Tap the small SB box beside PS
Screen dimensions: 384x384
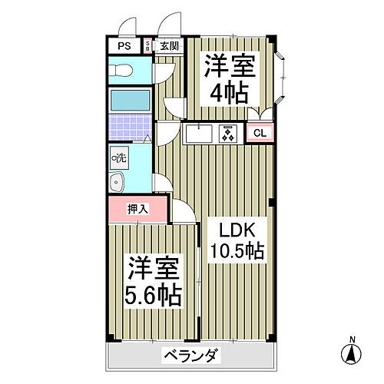click(x=147, y=46)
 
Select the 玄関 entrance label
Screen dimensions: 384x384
click(x=168, y=46)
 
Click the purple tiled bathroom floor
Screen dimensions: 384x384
click(x=127, y=127)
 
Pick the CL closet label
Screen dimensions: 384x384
click(x=260, y=133)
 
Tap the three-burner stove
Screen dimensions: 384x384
click(x=228, y=133)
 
